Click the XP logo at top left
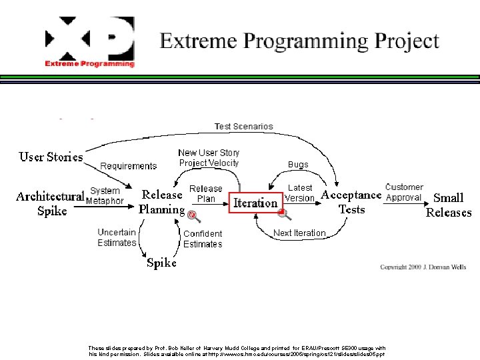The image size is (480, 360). coord(89,42)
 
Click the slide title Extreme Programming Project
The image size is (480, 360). coord(299,41)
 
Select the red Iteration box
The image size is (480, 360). coord(255,203)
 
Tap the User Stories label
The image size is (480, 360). coord(51,157)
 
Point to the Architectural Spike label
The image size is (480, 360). coord(50,203)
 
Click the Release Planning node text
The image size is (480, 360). coord(161,202)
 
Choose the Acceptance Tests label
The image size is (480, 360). coord(351,202)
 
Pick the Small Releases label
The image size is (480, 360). coord(448,205)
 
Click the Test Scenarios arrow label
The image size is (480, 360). coord(243,127)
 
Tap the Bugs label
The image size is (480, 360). coord(298,164)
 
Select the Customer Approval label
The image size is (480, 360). coord(404,192)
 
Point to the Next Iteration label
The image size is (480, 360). coord(299,233)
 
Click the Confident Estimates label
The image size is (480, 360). coord(203,239)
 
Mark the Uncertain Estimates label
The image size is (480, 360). coord(117,237)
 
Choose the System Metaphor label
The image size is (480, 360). coord(105,196)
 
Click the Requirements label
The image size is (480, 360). coord(129,166)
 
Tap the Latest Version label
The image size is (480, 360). coord(299,193)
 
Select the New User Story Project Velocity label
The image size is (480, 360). coord(209,158)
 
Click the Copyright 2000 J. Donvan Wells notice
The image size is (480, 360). coord(423,267)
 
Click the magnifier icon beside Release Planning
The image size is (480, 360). coord(193,215)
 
